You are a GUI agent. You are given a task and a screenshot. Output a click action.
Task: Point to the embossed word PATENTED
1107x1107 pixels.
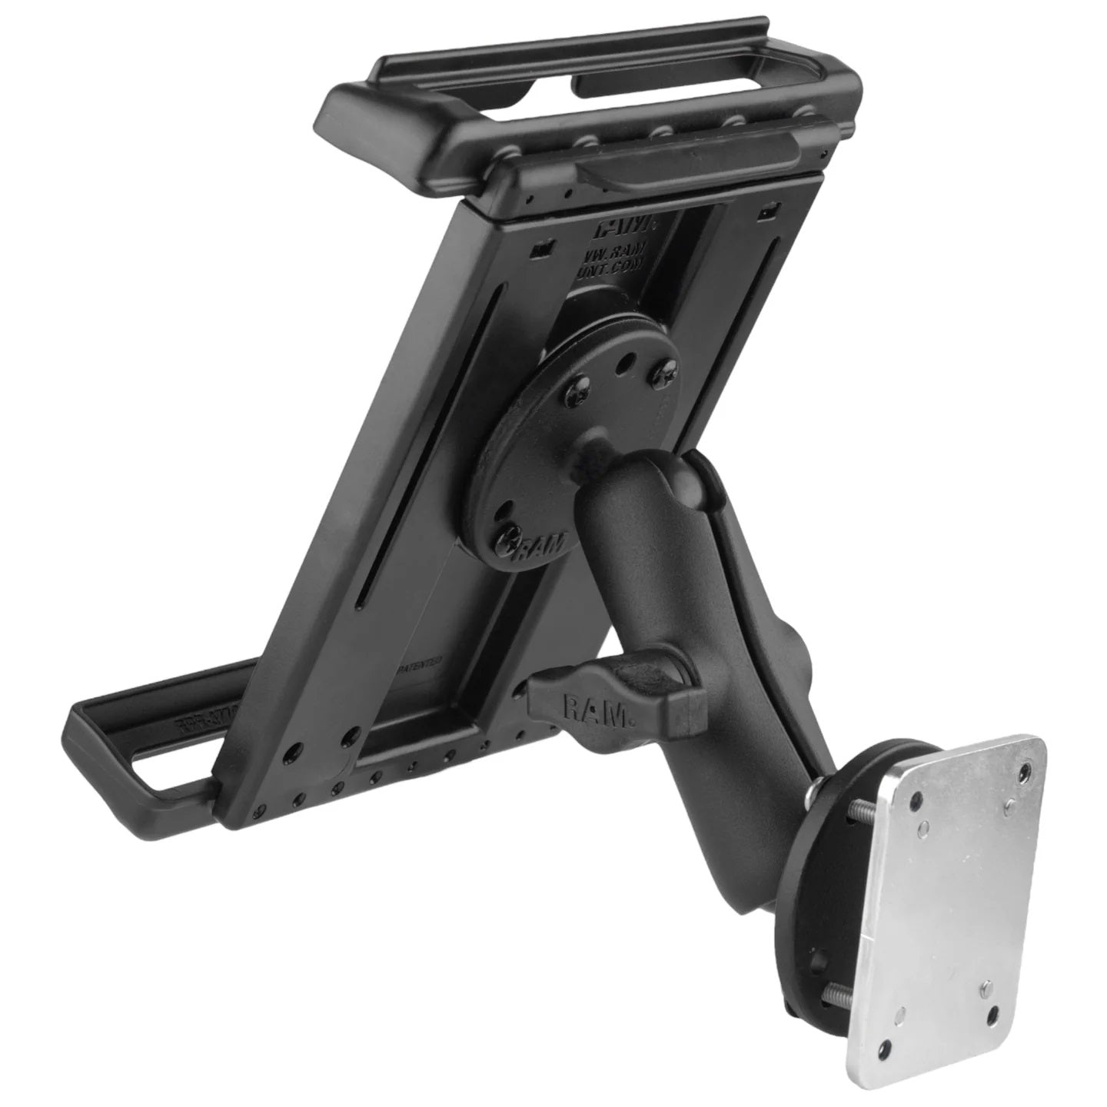click(418, 659)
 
